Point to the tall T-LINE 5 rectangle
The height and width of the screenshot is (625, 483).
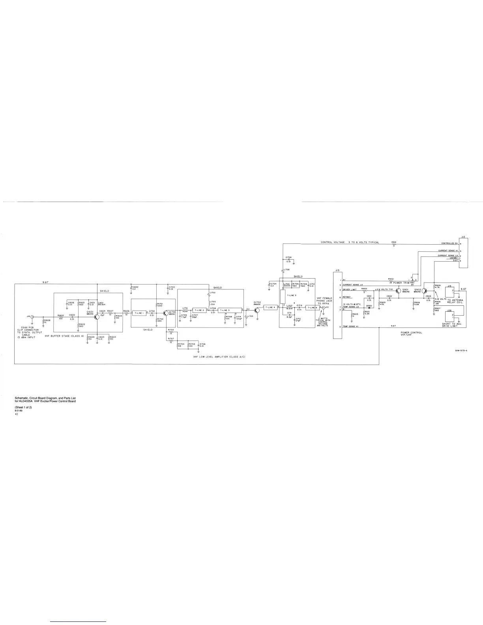(283, 296)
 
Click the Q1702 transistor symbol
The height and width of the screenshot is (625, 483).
(257, 310)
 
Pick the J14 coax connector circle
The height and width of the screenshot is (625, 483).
(32, 316)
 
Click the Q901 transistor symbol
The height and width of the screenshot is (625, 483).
(399, 291)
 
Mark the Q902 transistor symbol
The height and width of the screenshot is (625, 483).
(425, 291)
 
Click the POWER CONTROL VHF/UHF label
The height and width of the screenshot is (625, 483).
(411, 333)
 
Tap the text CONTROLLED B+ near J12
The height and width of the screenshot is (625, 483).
(449, 243)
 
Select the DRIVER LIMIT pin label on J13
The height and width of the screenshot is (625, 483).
(350, 290)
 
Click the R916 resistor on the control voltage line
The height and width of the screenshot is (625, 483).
(394, 244)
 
